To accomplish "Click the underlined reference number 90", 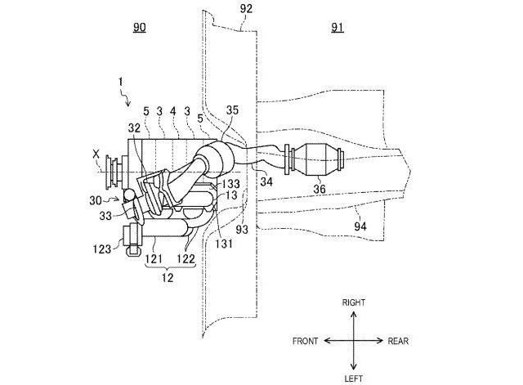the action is pyautogui.click(x=140, y=27).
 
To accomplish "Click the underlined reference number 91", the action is pyautogui.click(x=337, y=27).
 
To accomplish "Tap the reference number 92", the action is pyautogui.click(x=246, y=9).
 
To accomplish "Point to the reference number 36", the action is pyautogui.click(x=320, y=189).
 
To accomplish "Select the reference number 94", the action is pyautogui.click(x=360, y=226).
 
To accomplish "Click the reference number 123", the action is pyautogui.click(x=101, y=248).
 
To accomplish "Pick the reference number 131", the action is pyautogui.click(x=224, y=244).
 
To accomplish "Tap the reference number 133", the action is pyautogui.click(x=230, y=183).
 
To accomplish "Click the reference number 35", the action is pyautogui.click(x=232, y=110).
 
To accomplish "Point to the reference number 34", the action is pyautogui.click(x=266, y=181).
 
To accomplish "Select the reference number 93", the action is pyautogui.click(x=242, y=230).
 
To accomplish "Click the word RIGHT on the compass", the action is pyautogui.click(x=354, y=302).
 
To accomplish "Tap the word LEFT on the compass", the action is pyautogui.click(x=354, y=378).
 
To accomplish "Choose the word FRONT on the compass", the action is pyautogui.click(x=305, y=341).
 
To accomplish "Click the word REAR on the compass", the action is pyautogui.click(x=398, y=341).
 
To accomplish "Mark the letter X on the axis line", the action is pyautogui.click(x=96, y=154).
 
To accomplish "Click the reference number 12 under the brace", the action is pyautogui.click(x=168, y=277).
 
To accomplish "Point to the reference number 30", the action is pyautogui.click(x=96, y=200).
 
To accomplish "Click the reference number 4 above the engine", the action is pyautogui.click(x=172, y=111).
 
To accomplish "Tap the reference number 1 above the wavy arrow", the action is pyautogui.click(x=120, y=82).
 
